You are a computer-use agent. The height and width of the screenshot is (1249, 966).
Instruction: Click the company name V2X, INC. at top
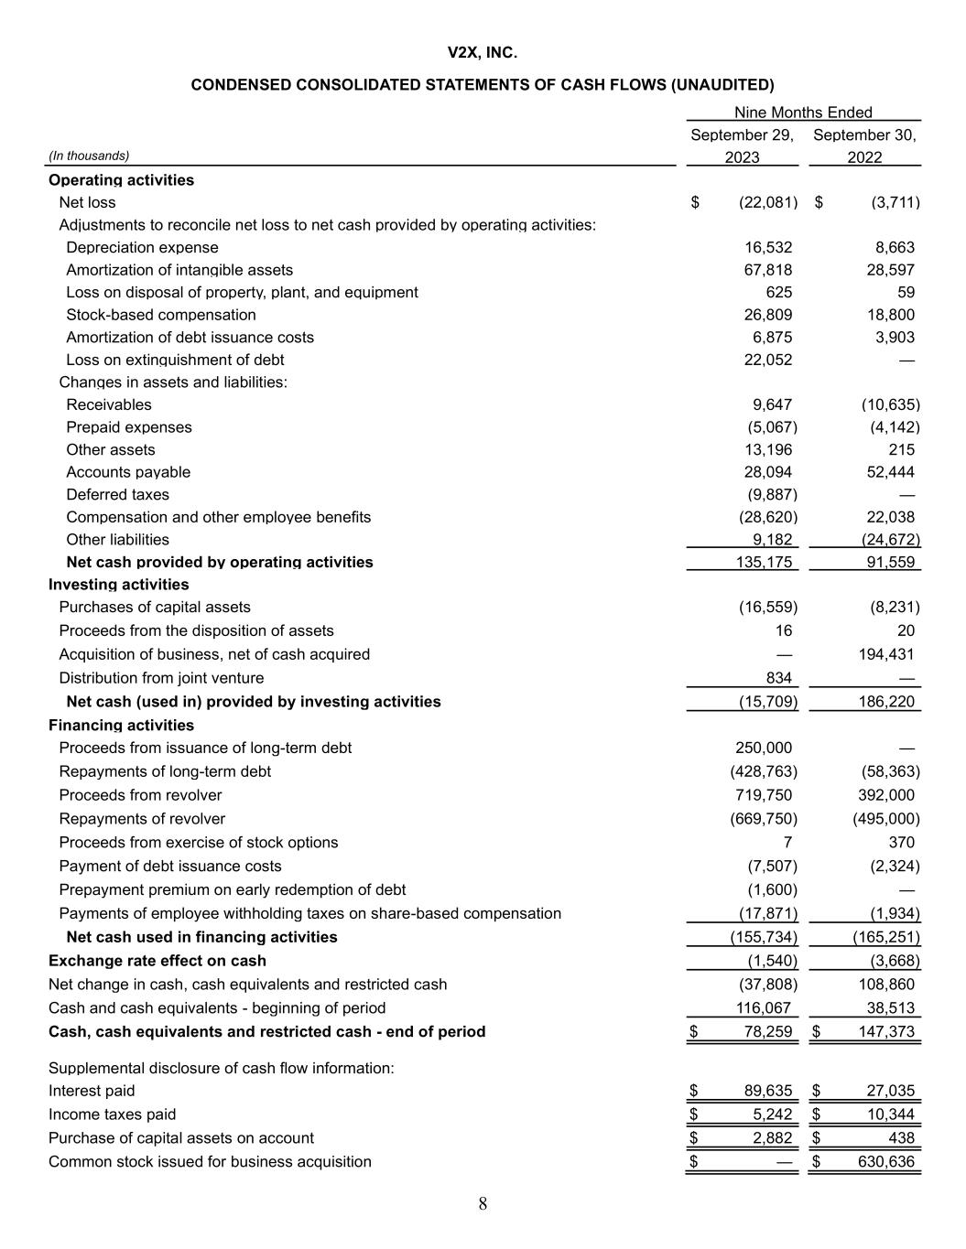[483, 53]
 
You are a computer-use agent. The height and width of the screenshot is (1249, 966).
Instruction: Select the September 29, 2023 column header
[742, 146]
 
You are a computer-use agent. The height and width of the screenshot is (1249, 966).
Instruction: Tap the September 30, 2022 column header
[864, 146]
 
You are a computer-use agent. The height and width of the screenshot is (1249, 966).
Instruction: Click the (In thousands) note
[89, 156]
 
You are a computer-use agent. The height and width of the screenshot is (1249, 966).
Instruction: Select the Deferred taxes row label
[117, 495]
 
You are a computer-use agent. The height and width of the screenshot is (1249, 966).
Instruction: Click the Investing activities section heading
[119, 585]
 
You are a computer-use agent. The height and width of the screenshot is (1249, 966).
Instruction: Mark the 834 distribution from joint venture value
[778, 678]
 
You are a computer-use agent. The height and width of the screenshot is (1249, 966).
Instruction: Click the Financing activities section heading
[121, 726]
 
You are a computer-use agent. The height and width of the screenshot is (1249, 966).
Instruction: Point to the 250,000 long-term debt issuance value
[764, 748]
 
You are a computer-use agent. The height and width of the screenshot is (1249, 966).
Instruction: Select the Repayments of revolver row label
[142, 819]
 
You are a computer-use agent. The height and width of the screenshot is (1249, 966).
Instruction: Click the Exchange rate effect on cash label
[157, 961]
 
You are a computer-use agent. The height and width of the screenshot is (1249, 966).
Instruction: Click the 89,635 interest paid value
[767, 1091]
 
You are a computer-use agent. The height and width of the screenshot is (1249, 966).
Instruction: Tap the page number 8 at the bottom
[483, 1204]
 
